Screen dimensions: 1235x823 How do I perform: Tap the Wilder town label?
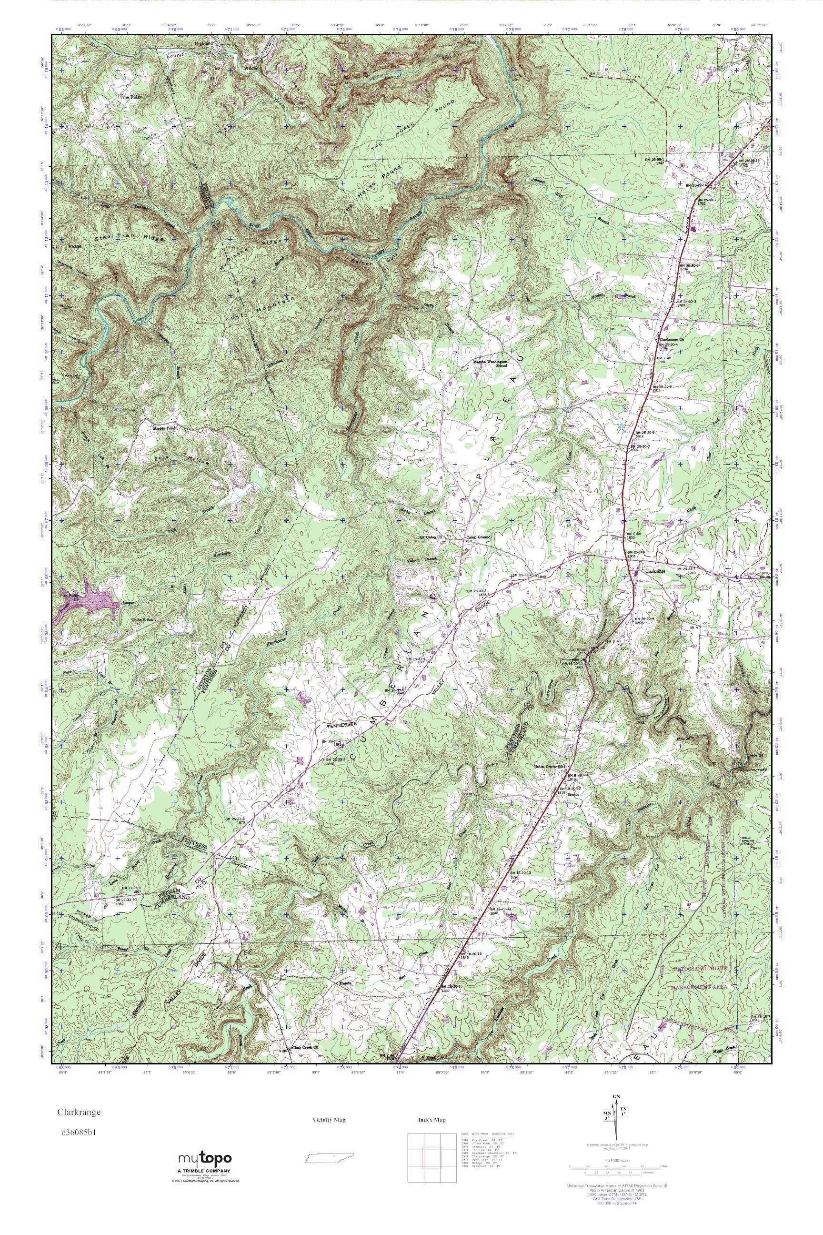coord(251,68)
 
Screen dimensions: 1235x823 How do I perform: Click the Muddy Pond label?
coord(164,428)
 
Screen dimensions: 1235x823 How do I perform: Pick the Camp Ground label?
coord(478,537)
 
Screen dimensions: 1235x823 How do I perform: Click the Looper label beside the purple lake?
coord(129,603)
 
